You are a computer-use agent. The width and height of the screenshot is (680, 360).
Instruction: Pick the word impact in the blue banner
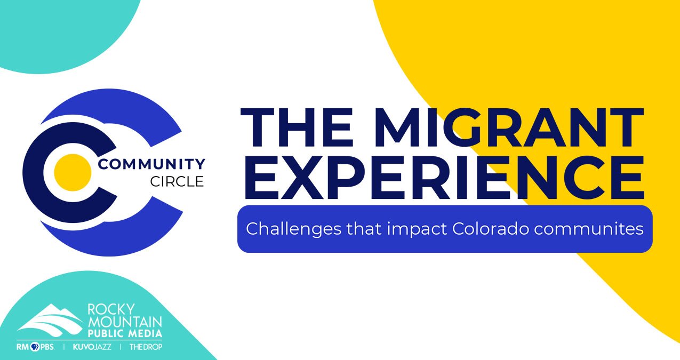pos(417,230)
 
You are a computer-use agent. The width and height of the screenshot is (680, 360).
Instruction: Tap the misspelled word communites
pos(589,229)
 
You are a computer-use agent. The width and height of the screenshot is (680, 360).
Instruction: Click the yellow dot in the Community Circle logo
pos(73,172)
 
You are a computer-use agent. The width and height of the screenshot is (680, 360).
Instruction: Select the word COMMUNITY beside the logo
pos(151,164)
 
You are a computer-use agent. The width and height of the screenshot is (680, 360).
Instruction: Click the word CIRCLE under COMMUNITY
pos(177,182)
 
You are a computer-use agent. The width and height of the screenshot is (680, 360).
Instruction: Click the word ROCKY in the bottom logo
pos(111,309)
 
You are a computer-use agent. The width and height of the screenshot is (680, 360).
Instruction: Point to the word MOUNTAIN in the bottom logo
pos(125,322)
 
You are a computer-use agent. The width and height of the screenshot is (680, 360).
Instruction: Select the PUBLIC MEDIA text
pos(125,333)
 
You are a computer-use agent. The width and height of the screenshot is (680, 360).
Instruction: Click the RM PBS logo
pos(36,347)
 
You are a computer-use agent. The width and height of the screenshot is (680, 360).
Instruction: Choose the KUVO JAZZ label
pos(92,347)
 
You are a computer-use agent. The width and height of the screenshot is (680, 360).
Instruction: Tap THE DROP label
pos(146,347)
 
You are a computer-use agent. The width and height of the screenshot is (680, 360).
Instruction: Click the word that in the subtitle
pos(364,229)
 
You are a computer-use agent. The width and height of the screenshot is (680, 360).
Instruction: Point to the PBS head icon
pos(35,347)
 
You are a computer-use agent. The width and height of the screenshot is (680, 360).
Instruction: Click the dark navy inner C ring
pos(34,172)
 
